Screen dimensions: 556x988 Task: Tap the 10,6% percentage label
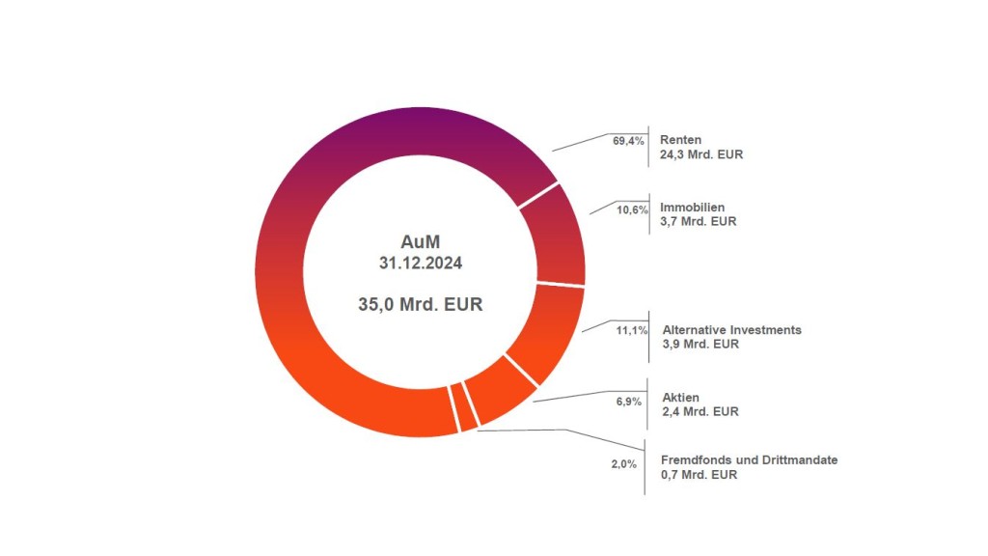[x=632, y=209]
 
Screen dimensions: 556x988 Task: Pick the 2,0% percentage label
[x=623, y=464]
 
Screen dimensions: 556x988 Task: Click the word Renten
[x=680, y=139]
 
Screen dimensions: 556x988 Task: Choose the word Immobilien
[x=692, y=207]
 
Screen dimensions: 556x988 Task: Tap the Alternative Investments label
[x=731, y=329]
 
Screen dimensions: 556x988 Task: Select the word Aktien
[x=681, y=397]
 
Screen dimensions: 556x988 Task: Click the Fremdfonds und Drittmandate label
[x=750, y=459]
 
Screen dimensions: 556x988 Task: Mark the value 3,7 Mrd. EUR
[x=698, y=221]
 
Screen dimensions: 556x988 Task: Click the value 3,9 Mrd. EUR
[x=700, y=344]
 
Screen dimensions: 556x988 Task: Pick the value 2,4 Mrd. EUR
[x=700, y=411]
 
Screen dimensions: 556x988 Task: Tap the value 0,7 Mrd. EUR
[x=699, y=474]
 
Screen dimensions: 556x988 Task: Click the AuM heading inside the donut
[x=419, y=240]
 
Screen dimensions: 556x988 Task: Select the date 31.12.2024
[x=419, y=262]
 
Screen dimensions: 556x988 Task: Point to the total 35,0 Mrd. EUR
[x=419, y=303]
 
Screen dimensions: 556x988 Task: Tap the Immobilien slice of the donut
[x=563, y=235]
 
